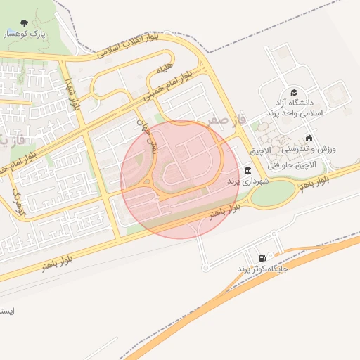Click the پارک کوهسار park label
click(25, 34)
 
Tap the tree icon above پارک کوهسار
click(25, 22)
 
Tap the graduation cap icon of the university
click(294, 92)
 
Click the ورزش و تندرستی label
click(309, 150)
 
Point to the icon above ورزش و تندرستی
click(309, 139)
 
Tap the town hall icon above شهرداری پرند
click(247, 170)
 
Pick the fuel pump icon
click(263, 258)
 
